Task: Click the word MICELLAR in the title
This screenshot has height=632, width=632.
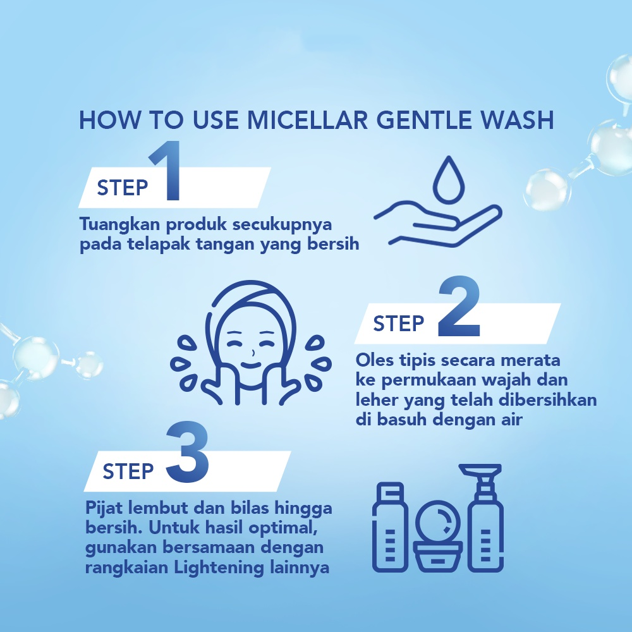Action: pyautogui.click(x=307, y=119)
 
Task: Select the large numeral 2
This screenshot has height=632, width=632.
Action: pyautogui.click(x=459, y=306)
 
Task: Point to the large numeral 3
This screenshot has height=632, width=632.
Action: pyautogui.click(x=188, y=452)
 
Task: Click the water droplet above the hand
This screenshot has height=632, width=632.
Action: pyautogui.click(x=449, y=179)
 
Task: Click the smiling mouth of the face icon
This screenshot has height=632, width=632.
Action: pyautogui.click(x=252, y=365)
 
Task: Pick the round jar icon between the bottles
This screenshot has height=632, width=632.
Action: pyautogui.click(x=438, y=536)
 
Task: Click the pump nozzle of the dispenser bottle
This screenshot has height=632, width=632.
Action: pyautogui.click(x=480, y=470)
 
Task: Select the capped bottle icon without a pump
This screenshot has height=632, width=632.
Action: pyautogui.click(x=390, y=527)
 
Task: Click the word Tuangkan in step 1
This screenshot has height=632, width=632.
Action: pyautogui.click(x=120, y=225)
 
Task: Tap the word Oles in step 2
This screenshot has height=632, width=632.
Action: pyautogui.click(x=374, y=360)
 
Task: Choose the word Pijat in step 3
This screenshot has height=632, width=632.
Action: pyautogui.click(x=104, y=508)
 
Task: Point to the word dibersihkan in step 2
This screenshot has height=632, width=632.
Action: pyautogui.click(x=547, y=400)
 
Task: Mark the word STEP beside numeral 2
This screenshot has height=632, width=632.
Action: pyautogui.click(x=398, y=323)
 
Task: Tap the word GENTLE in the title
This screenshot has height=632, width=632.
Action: pyautogui.click(x=424, y=119)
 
